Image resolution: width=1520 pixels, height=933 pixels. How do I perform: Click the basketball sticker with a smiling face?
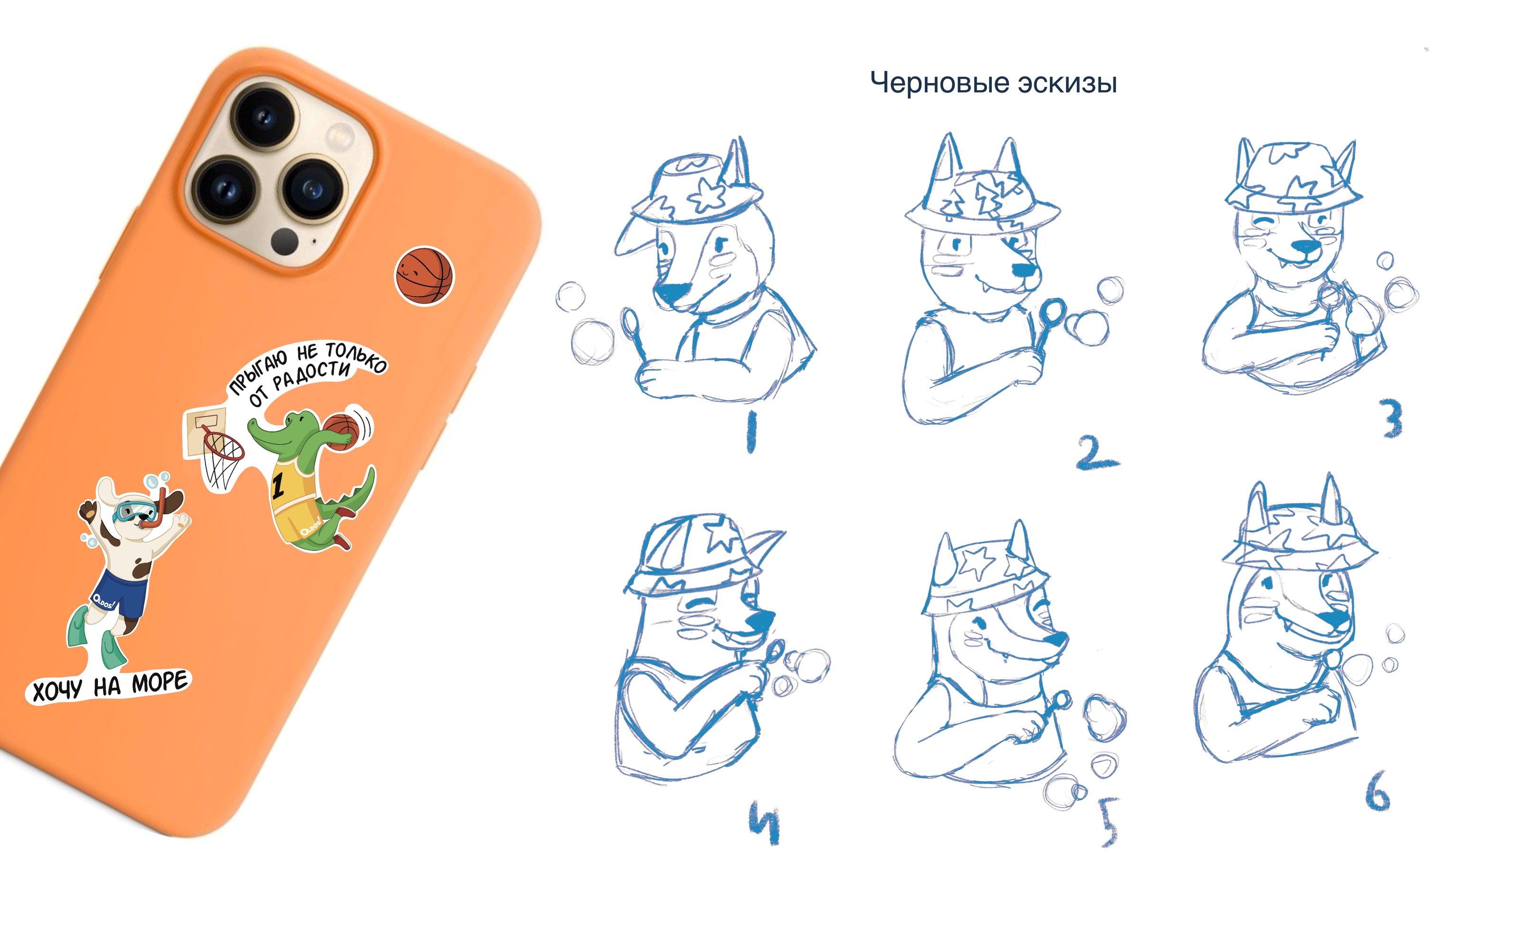(x=424, y=276)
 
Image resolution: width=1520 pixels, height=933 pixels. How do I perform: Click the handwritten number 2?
(x=1097, y=453)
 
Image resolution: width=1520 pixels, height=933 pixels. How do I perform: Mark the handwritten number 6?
(x=1377, y=792)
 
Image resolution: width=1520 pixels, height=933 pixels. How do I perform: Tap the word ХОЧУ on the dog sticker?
(x=57, y=690)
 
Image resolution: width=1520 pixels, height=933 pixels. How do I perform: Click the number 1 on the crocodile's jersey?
(x=278, y=486)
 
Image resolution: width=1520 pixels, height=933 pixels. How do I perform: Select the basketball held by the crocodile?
(x=341, y=430)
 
